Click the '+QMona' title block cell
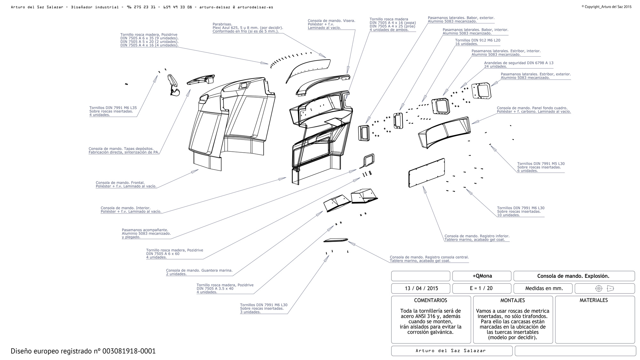482,276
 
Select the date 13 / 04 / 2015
421,288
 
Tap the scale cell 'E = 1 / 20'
481,288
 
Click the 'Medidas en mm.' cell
544,288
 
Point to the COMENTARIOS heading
430,300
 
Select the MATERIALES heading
594,300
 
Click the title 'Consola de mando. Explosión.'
573,276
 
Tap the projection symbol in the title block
604,288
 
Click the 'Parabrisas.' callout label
222,24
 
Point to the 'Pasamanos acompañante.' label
145,230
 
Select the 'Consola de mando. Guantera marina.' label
199,270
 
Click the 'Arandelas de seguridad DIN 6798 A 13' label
518,63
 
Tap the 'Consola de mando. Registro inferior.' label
477,236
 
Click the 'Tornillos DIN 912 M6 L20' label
477,40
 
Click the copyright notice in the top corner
606,7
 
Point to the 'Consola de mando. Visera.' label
331,21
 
